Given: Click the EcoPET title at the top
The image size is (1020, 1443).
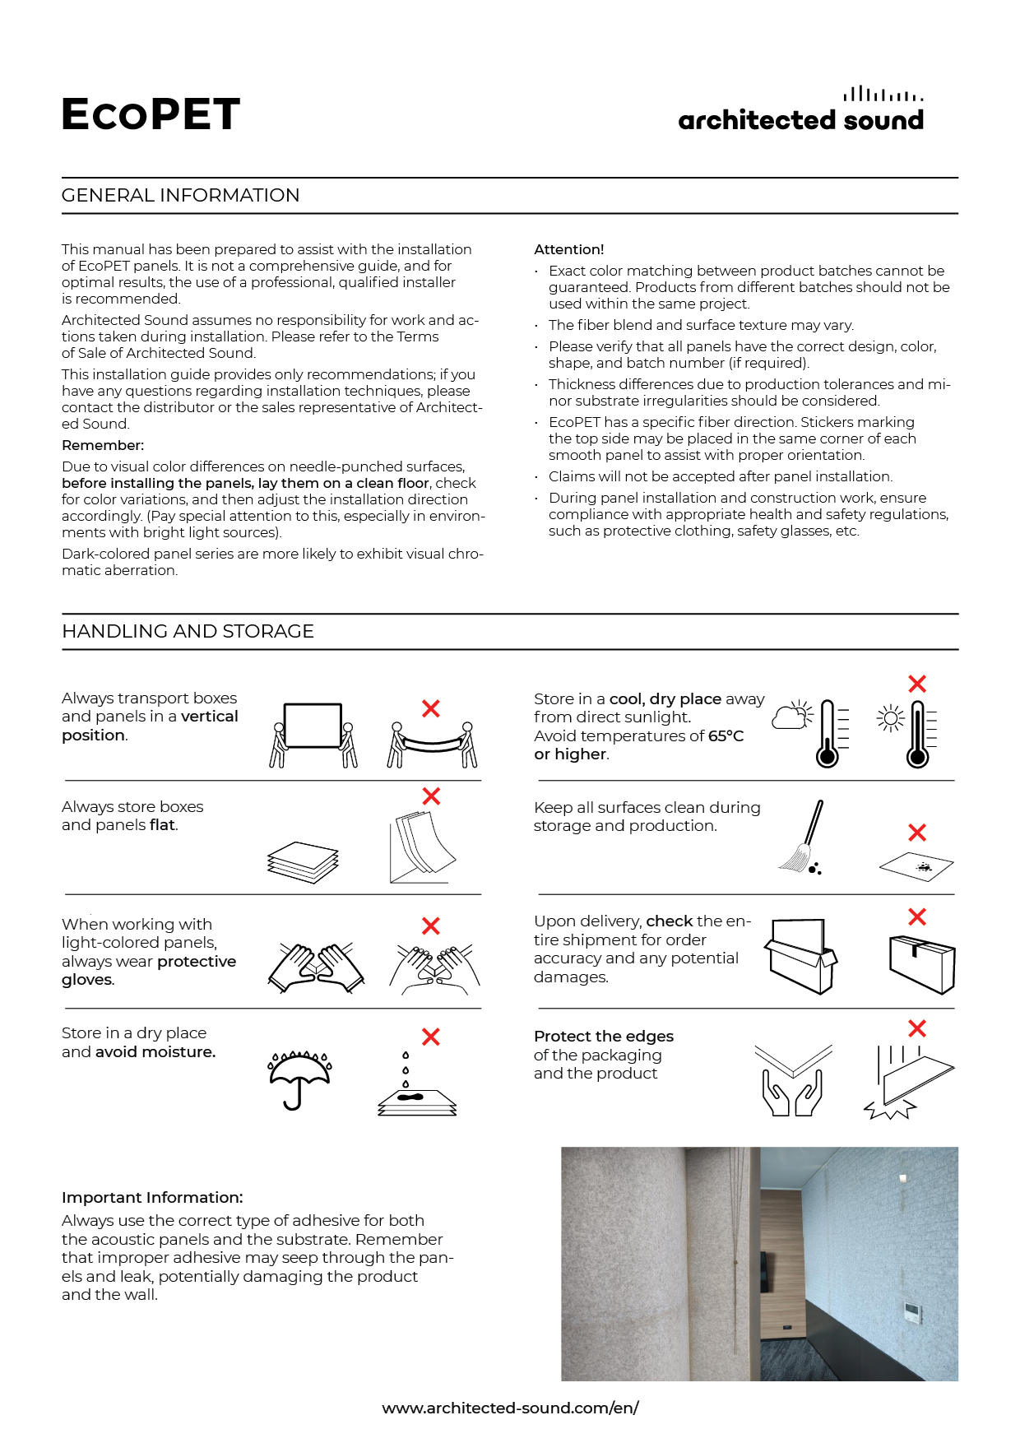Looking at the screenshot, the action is [151, 114].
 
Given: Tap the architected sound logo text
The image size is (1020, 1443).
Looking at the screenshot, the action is [801, 120].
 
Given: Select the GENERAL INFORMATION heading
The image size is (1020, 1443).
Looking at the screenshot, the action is [181, 195].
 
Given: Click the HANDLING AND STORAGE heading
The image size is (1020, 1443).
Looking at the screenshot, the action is [188, 631].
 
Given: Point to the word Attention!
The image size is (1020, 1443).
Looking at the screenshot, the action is [569, 249].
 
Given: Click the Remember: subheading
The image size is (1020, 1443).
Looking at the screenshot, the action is [103, 445].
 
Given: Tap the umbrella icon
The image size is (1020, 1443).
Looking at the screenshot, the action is [299, 1079].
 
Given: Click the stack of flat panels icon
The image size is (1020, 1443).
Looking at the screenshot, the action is [303, 862].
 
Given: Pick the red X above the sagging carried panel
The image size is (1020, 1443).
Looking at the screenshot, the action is [430, 708].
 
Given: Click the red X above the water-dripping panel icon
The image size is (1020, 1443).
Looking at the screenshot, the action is [430, 1037].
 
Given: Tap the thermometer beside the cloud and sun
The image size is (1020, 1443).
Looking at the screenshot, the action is [828, 734].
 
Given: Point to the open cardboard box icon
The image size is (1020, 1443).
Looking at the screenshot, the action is [800, 956].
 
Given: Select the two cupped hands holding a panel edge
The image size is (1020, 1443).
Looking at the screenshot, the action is [793, 1080].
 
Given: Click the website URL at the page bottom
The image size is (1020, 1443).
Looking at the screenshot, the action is [510, 1408].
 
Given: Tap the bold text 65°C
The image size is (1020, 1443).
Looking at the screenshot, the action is [726, 735].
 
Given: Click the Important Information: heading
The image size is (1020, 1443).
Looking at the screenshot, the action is [152, 1197].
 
